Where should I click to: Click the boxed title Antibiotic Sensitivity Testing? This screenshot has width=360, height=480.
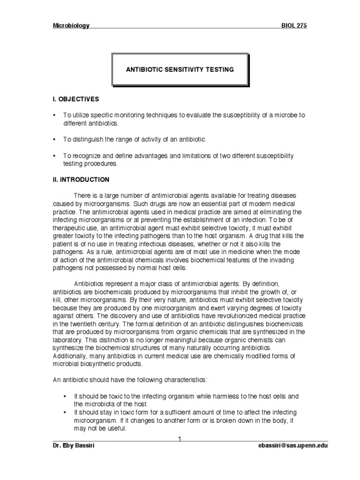tap(180, 69)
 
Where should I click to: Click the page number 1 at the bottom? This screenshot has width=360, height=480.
tap(180, 438)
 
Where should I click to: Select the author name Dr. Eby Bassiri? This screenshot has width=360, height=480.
tap(74, 446)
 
